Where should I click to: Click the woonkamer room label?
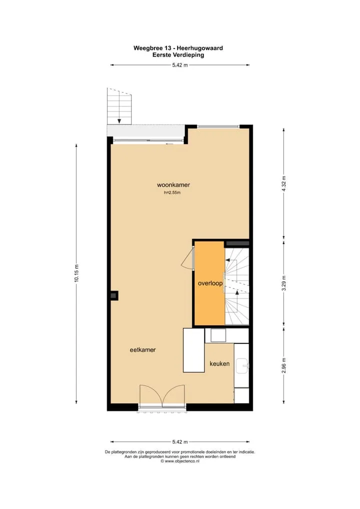173,185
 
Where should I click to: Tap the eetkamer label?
143,350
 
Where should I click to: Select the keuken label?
219,364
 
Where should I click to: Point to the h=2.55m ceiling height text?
172,192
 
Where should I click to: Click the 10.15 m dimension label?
76,273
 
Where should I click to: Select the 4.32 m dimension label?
284,183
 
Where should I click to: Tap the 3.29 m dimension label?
284,283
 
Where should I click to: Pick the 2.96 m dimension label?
284,365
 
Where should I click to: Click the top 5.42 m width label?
180,65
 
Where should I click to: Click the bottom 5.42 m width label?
180,442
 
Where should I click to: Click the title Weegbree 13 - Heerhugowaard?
178,48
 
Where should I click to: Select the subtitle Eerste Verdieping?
178,55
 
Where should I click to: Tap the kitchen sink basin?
242,366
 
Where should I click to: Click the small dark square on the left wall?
113,295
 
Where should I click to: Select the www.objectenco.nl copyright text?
180,461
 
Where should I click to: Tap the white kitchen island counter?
194,350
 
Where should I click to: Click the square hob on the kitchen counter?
218,335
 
